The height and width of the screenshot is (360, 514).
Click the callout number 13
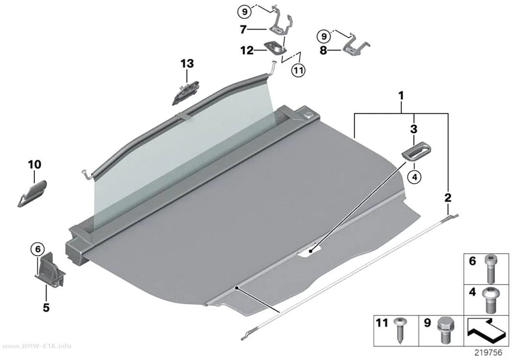click(187, 64)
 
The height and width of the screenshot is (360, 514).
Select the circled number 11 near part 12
click(299, 70)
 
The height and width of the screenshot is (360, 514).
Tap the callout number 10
click(35, 165)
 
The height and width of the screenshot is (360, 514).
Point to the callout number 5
click(46, 308)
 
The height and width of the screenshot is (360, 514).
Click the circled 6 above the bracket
click(38, 249)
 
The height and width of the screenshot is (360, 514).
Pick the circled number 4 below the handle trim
click(414, 177)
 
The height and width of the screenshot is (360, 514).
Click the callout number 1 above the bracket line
click(400, 96)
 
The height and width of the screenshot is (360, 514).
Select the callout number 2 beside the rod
click(447, 198)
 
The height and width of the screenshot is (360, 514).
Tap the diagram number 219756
click(489, 353)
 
